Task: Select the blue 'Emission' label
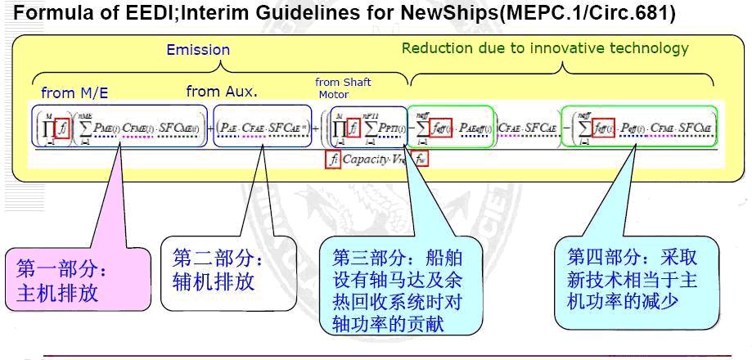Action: click(198, 50)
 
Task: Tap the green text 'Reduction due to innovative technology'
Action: click(545, 48)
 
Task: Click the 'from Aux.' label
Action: click(222, 92)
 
